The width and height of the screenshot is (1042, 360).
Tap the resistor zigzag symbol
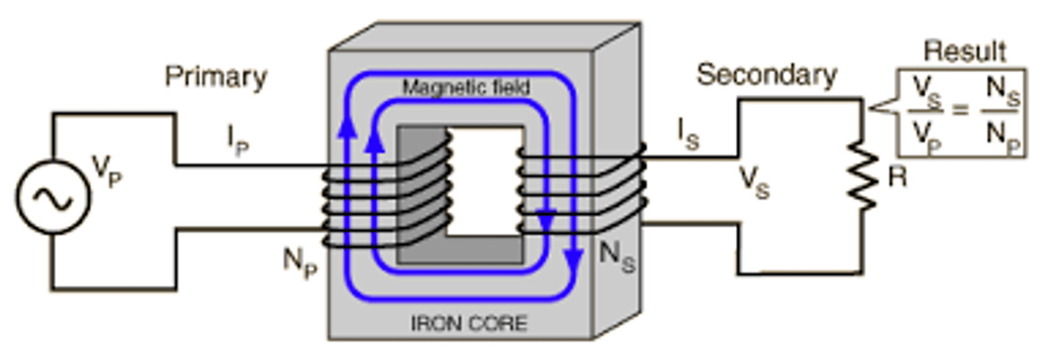[x=863, y=175]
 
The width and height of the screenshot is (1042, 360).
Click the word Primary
[x=216, y=77]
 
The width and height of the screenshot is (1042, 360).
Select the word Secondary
[x=767, y=75]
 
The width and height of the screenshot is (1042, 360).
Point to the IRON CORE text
[x=469, y=324]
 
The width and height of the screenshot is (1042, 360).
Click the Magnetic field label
[x=466, y=87]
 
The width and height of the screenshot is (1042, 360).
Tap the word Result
[x=964, y=52]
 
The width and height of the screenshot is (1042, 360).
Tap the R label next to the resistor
[x=897, y=178]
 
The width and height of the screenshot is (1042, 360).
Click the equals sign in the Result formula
[x=960, y=110]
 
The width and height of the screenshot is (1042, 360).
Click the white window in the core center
[x=484, y=181]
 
